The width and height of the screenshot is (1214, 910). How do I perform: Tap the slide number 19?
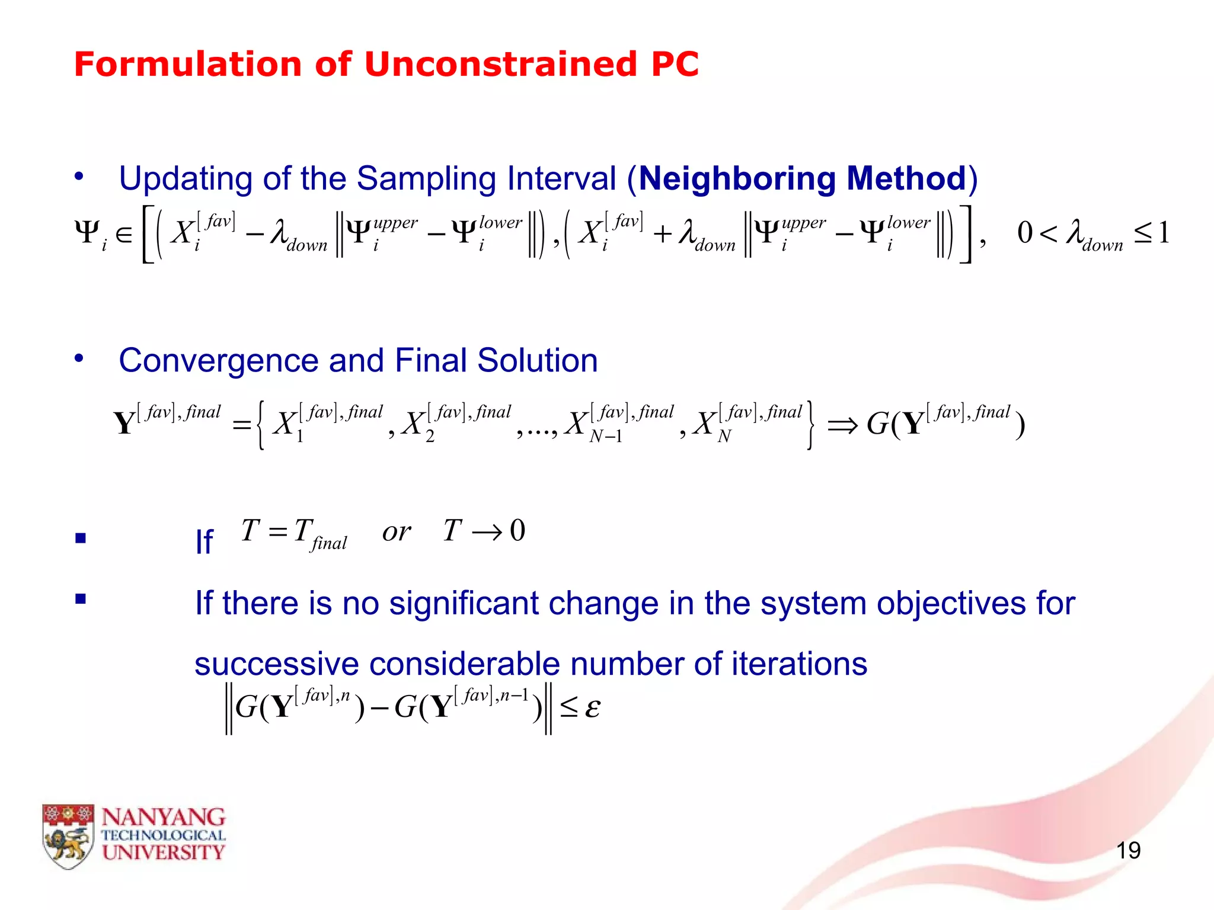1128,851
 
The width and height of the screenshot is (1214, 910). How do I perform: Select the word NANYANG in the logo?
163,818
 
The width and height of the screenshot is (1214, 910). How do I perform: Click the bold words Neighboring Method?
803,178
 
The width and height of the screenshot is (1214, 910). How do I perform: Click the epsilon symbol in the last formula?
592,707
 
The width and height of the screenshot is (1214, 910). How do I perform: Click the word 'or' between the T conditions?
396,531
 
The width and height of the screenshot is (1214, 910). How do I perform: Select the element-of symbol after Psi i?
124,235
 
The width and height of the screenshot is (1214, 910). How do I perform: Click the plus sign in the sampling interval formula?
662,235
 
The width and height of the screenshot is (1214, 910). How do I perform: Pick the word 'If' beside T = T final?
204,541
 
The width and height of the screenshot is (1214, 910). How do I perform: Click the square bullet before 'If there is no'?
81,599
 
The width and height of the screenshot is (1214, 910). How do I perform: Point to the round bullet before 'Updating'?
79,176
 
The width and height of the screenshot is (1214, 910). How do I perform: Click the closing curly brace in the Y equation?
810,425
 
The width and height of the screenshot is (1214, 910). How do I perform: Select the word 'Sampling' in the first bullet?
426,178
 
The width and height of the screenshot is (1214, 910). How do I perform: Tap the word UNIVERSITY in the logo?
163,853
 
